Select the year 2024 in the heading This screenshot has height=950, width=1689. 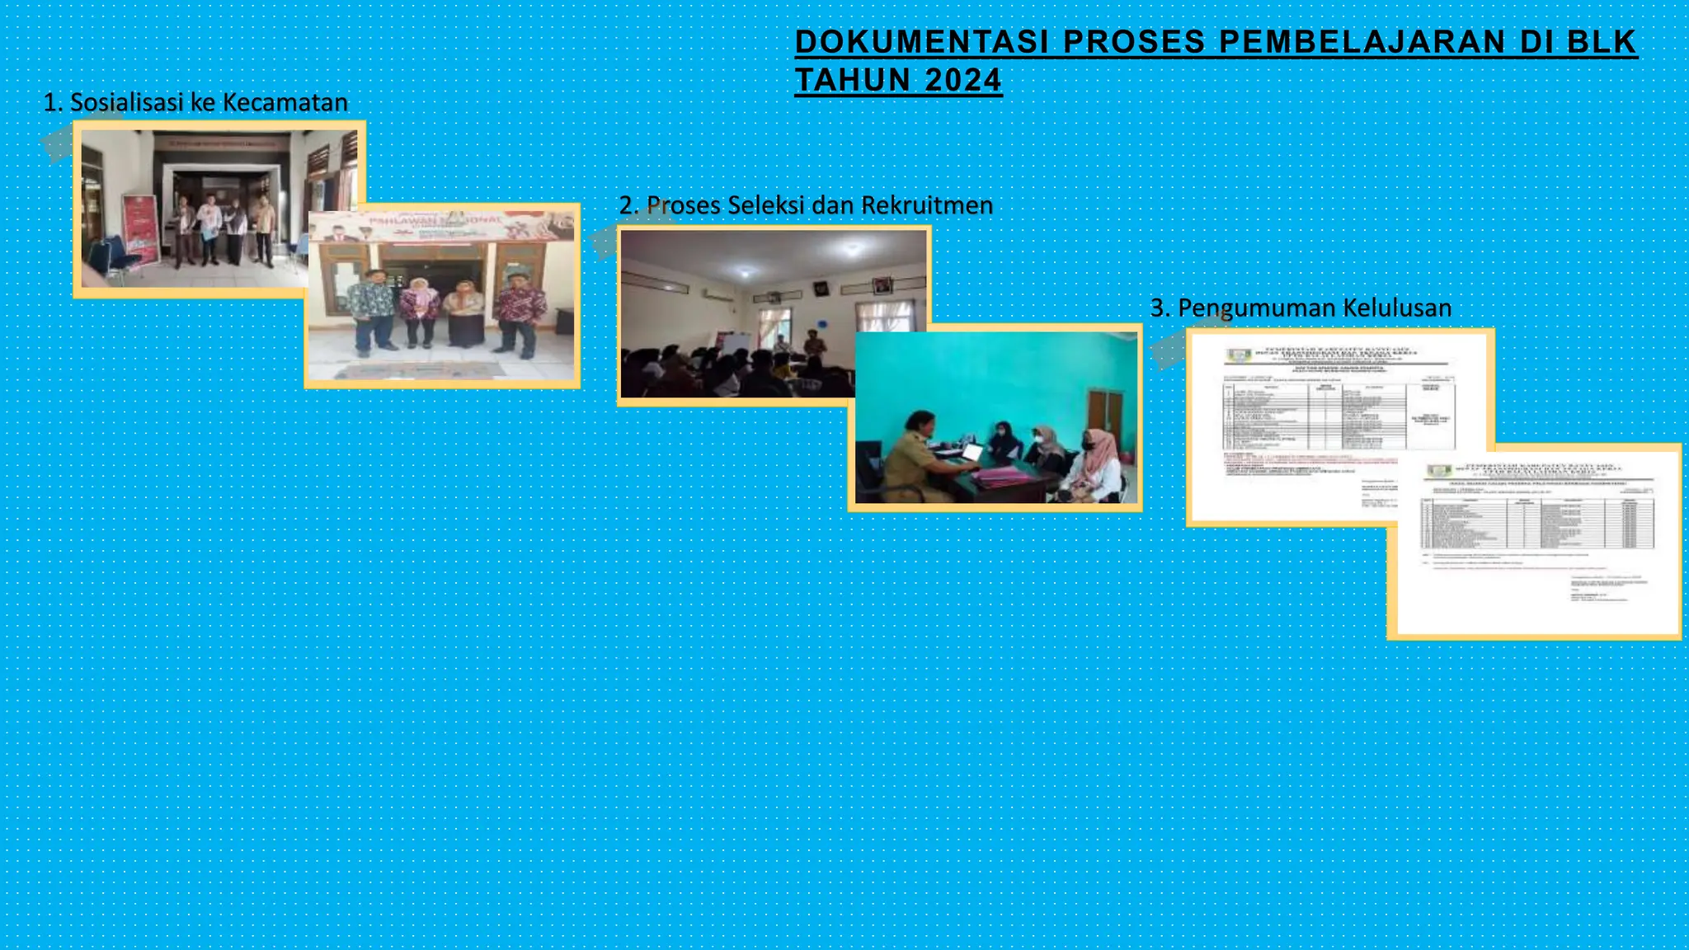pos(963,81)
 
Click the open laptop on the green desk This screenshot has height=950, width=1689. pos(970,453)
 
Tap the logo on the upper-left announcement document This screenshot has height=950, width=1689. pos(1238,355)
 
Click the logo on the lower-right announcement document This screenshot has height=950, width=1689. pos(1438,471)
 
